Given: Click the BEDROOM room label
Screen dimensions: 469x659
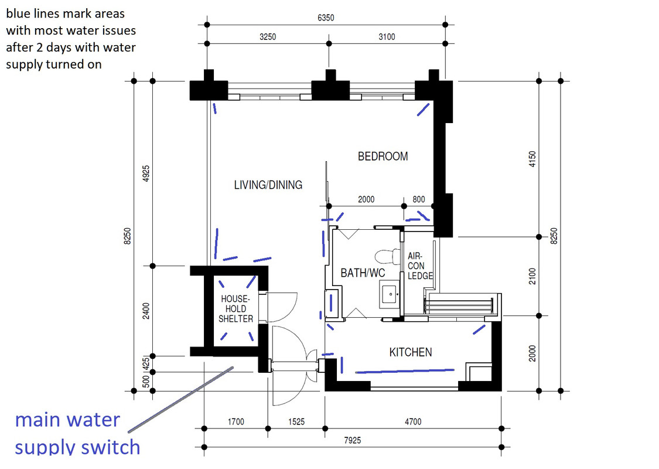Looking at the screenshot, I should coord(383,157).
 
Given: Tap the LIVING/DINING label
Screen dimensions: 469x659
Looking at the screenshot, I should coord(268,185).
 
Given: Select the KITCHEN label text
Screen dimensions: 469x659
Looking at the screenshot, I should coord(411,352).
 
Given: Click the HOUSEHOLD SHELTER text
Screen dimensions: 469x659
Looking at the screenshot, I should coord(236,309).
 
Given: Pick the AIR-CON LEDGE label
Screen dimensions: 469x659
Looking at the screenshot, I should coord(420,266).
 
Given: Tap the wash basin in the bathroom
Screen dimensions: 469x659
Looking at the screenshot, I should coord(390,293).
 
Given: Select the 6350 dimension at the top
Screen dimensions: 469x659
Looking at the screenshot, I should coord(326,18).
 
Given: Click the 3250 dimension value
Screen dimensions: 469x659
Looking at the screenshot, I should coord(268,37).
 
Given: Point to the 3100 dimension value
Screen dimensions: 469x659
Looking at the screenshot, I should coord(386,37).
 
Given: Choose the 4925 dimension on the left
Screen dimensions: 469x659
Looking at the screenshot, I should coord(146,174).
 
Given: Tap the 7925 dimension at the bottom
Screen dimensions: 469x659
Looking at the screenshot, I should coord(353,440).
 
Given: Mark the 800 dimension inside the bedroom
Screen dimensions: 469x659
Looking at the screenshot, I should coord(418,199).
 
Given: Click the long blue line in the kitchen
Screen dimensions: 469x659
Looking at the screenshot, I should coord(404,371).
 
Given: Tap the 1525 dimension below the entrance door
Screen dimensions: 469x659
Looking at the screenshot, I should coord(296,422).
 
